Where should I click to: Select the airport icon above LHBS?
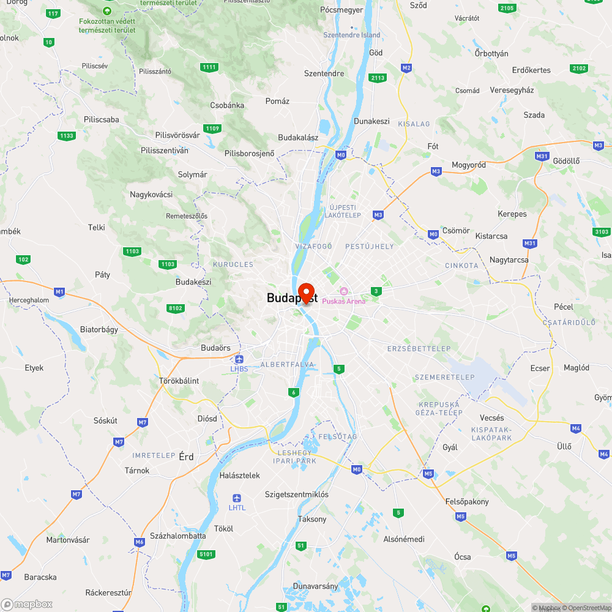(x=239, y=359)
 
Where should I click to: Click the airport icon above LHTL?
(x=237, y=498)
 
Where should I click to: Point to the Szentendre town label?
(x=324, y=73)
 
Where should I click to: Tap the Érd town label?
(x=185, y=457)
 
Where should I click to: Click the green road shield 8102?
(x=176, y=308)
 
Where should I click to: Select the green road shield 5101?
(x=207, y=554)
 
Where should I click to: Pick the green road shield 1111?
(x=209, y=67)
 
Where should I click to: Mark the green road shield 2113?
(x=378, y=78)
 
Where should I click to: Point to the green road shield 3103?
(x=601, y=231)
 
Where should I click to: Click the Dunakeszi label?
(x=371, y=121)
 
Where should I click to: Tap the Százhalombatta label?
(x=178, y=535)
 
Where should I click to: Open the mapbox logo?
(x=27, y=604)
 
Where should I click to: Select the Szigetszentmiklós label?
(x=296, y=494)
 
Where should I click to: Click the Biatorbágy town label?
(x=99, y=329)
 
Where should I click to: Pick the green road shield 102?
(x=23, y=259)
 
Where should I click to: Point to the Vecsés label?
(x=492, y=417)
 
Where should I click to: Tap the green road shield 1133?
(x=66, y=135)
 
